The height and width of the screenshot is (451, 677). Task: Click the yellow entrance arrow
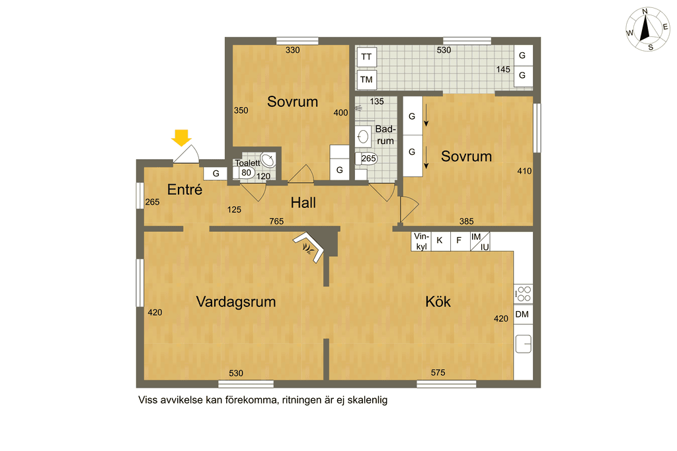pyautogui.click(x=181, y=137)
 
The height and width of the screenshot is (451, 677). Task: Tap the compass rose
pyautogui.click(x=647, y=29)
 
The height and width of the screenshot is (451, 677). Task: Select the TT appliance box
pyautogui.click(x=366, y=57)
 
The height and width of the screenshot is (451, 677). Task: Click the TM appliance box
pyautogui.click(x=366, y=80)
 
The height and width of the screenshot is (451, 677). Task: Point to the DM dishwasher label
pyautogui.click(x=522, y=315)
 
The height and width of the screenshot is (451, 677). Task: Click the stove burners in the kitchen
pyautogui.click(x=524, y=294)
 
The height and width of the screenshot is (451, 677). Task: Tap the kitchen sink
pyautogui.click(x=524, y=343)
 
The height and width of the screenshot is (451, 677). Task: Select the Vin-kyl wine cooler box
pyautogui.click(x=421, y=242)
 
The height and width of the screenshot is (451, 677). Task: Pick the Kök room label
pyautogui.click(x=438, y=301)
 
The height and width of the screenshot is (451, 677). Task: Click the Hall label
pyautogui.click(x=303, y=203)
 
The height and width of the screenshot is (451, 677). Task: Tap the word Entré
pyautogui.click(x=185, y=190)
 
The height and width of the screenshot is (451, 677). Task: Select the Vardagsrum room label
pyautogui.click(x=236, y=301)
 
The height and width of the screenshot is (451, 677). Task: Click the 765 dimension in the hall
pyautogui.click(x=276, y=221)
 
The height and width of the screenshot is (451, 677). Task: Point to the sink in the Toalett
pyautogui.click(x=268, y=160)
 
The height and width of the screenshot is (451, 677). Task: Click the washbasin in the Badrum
pyautogui.click(x=363, y=137)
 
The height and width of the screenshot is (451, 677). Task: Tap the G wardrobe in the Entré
pyautogui.click(x=216, y=173)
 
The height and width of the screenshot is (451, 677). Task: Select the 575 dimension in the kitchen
pyautogui.click(x=438, y=372)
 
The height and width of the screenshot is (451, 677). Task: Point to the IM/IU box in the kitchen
pyautogui.click(x=480, y=242)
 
